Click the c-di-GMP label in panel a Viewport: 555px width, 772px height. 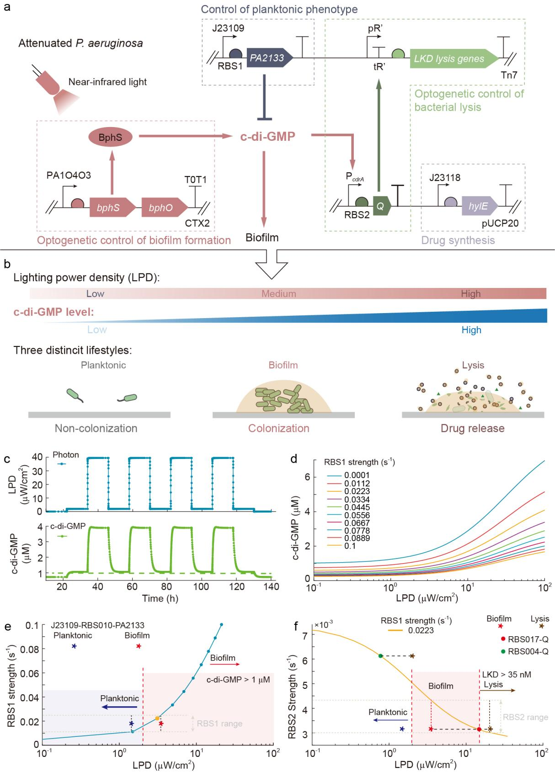point(267,136)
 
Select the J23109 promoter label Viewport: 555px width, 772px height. point(228,28)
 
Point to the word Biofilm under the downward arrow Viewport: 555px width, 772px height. point(261,238)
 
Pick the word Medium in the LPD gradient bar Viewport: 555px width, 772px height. point(279,293)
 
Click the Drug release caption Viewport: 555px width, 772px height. point(473,428)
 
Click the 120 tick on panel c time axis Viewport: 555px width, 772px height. point(237,586)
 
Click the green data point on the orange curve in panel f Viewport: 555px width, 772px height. point(380,656)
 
